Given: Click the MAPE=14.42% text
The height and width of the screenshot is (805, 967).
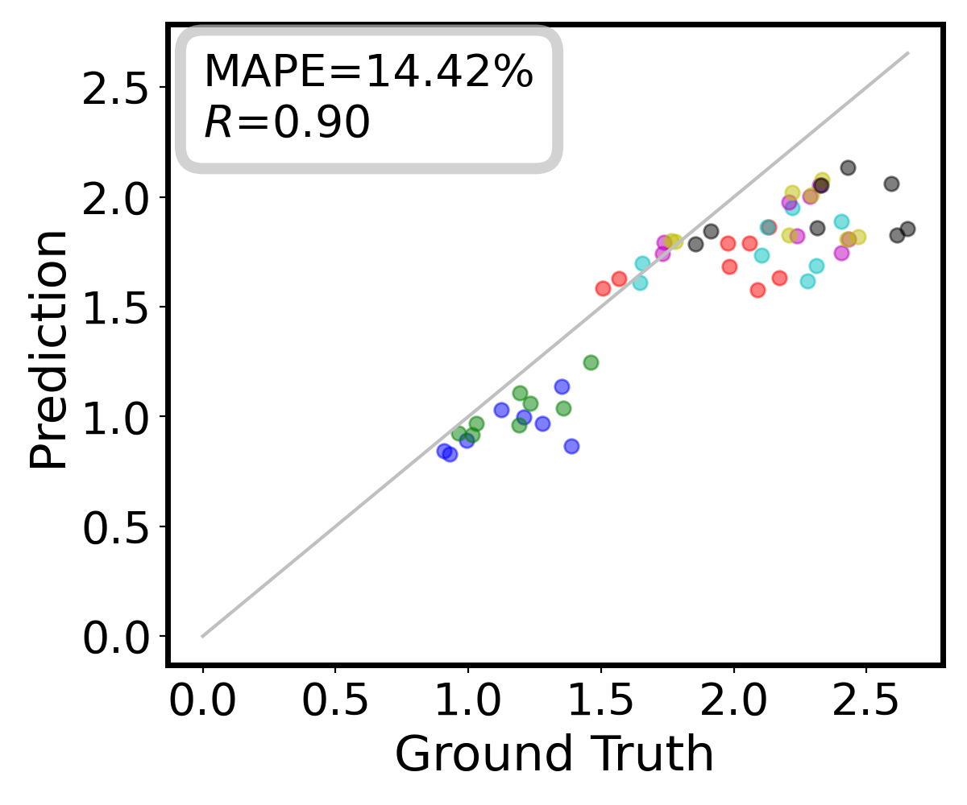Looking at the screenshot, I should point(367,73).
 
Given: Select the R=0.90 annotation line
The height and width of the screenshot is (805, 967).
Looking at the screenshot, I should point(287,123).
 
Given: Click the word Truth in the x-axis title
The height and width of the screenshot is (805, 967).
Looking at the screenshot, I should point(650,754).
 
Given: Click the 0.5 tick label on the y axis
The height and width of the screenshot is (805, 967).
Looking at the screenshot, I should point(115,526).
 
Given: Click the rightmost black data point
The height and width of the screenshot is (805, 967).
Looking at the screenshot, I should point(907,229).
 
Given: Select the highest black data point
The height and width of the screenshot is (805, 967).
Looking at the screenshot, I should point(848,167).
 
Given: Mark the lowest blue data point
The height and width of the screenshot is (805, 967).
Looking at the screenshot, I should point(450,454).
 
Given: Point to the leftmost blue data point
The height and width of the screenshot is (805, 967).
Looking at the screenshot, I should point(444,451).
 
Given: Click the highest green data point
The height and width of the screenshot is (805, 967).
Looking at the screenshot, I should point(591,362).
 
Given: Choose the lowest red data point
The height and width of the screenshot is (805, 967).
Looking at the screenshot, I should point(757,290).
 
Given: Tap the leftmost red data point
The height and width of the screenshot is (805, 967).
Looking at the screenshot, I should point(603,288).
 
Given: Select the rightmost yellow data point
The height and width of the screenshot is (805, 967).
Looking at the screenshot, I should point(858,237).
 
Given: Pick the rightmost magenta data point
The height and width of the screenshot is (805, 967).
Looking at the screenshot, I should point(841,253).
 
